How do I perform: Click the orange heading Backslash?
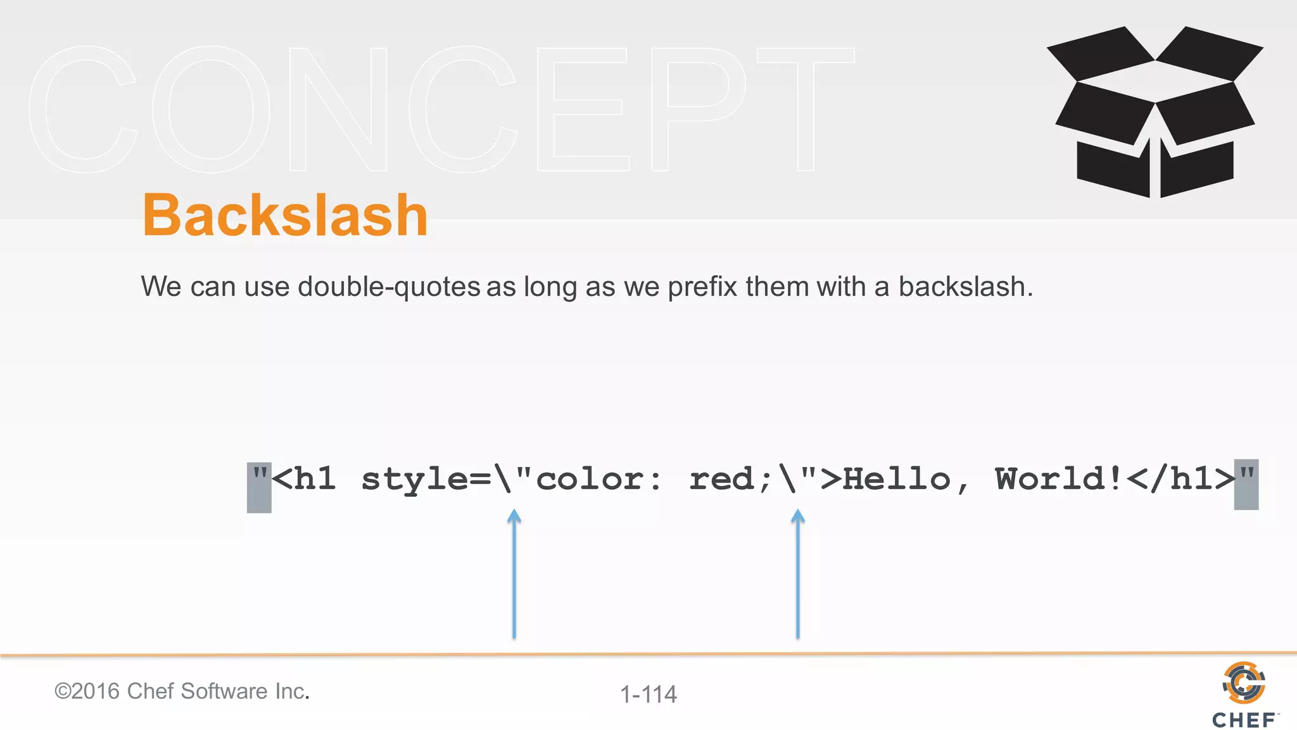(x=285, y=215)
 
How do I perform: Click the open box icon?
(x=1155, y=111)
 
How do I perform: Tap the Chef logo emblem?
(x=1244, y=683)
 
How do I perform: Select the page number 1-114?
(x=648, y=695)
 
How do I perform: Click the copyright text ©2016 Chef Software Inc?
(x=182, y=691)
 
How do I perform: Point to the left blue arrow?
(x=514, y=573)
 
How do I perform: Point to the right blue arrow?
(x=798, y=573)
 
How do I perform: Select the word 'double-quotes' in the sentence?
(x=389, y=287)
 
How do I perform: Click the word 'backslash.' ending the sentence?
(x=965, y=287)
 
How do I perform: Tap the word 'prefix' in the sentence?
(x=702, y=287)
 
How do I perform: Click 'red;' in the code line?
(x=730, y=480)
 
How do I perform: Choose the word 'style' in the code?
(x=415, y=480)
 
